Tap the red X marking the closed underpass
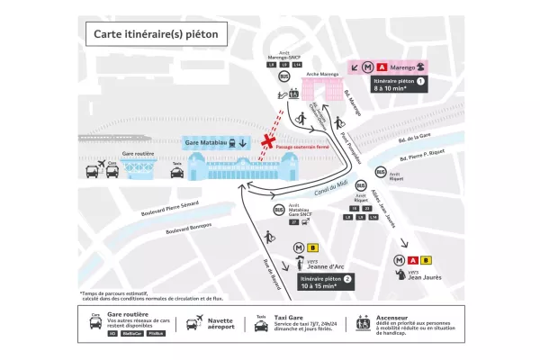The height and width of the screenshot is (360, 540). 266,142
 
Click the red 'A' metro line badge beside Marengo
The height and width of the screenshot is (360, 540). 382,66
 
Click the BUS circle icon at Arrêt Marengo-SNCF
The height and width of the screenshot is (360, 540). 284,77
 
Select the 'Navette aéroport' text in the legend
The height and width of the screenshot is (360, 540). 221,322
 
